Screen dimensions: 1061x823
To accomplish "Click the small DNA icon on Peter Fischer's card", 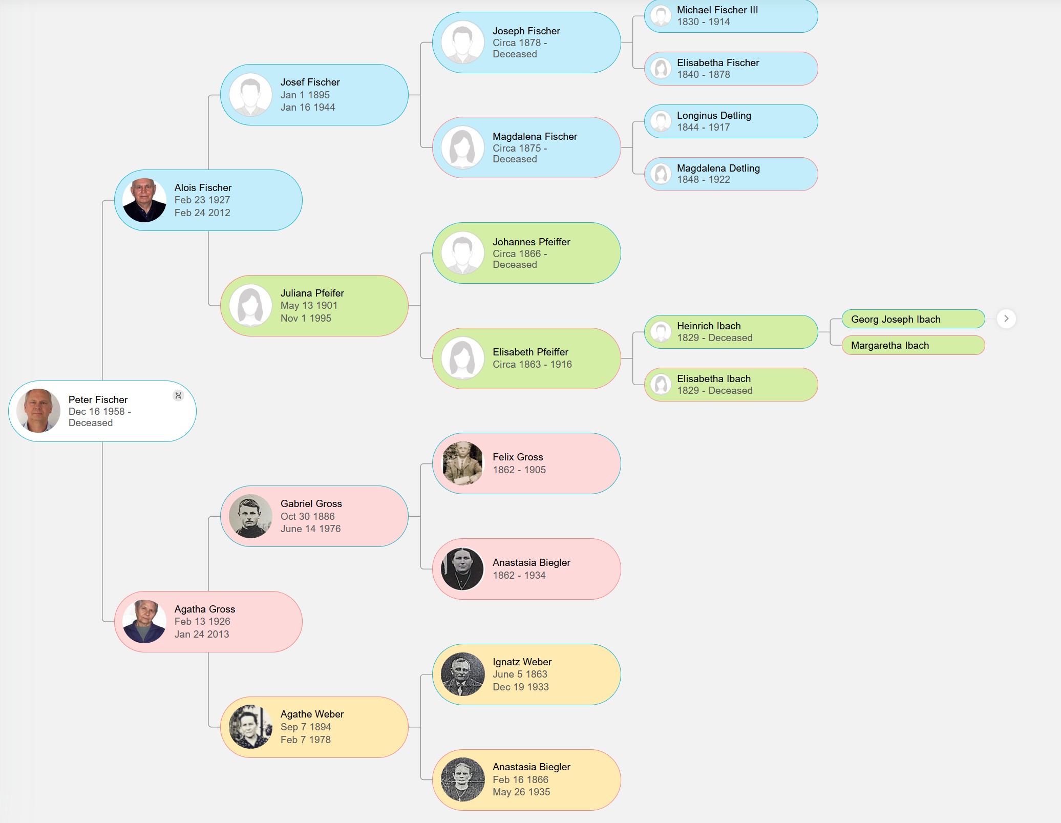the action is [x=178, y=395].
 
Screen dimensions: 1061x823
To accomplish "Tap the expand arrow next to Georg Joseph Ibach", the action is [x=1006, y=319].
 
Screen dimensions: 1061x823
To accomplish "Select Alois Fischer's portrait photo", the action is [x=144, y=200].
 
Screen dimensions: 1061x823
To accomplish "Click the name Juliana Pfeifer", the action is [x=312, y=293].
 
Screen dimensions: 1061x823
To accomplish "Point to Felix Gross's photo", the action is [x=462, y=463].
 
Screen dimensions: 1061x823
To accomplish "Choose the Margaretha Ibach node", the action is [x=913, y=345].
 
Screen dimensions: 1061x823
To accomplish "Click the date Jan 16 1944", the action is [x=307, y=107].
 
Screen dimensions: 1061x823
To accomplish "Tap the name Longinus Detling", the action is [x=714, y=115].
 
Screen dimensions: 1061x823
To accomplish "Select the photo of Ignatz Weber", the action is [x=462, y=674].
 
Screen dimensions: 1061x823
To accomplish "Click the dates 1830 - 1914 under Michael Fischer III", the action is [x=703, y=22].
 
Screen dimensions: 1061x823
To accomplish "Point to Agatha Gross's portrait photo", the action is [x=144, y=621].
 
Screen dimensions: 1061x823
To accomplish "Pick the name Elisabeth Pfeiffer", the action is [x=530, y=352].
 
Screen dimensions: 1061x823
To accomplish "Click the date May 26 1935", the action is [x=521, y=792].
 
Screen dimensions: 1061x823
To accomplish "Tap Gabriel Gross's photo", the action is [x=250, y=516].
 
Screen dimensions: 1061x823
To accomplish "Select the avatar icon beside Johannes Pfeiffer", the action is [x=462, y=253].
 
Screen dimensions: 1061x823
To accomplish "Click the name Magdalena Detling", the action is [x=718, y=168].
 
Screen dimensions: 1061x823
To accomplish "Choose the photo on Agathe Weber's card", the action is [x=250, y=727].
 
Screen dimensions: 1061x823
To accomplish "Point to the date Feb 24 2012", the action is [x=202, y=213].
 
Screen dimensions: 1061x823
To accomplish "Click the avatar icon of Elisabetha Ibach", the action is [x=661, y=384].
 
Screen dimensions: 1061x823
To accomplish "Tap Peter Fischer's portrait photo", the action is [x=38, y=411].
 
